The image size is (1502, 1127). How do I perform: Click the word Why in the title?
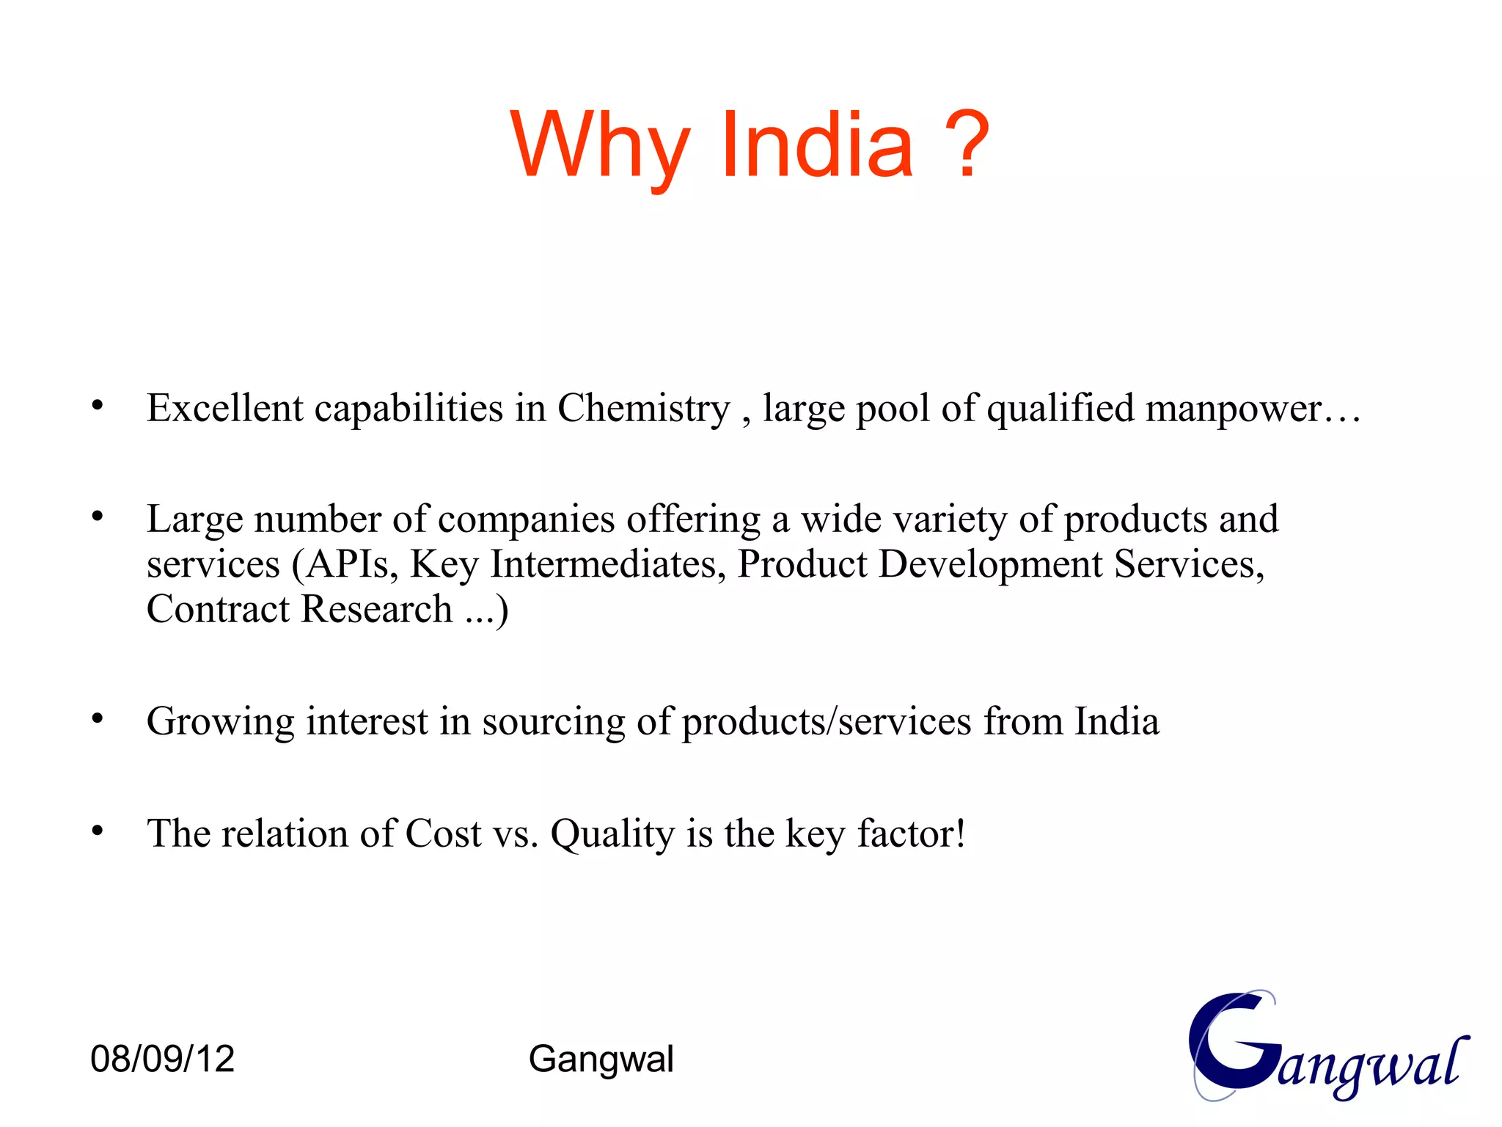pyautogui.click(x=600, y=145)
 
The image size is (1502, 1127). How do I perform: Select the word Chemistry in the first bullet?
pyautogui.click(x=643, y=408)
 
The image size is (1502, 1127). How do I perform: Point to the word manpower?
pyautogui.click(x=1234, y=408)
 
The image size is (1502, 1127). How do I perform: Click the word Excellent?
pyautogui.click(x=224, y=408)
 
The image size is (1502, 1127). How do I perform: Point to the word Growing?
pyautogui.click(x=220, y=722)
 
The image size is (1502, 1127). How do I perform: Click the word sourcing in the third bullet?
pyautogui.click(x=553, y=722)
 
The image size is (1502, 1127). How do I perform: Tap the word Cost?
pyautogui.click(x=443, y=834)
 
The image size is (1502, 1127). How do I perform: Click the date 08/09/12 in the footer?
pyautogui.click(x=162, y=1059)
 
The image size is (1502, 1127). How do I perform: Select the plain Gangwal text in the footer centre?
pyautogui.click(x=601, y=1059)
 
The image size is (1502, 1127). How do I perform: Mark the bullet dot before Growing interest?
pyautogui.click(x=98, y=718)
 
